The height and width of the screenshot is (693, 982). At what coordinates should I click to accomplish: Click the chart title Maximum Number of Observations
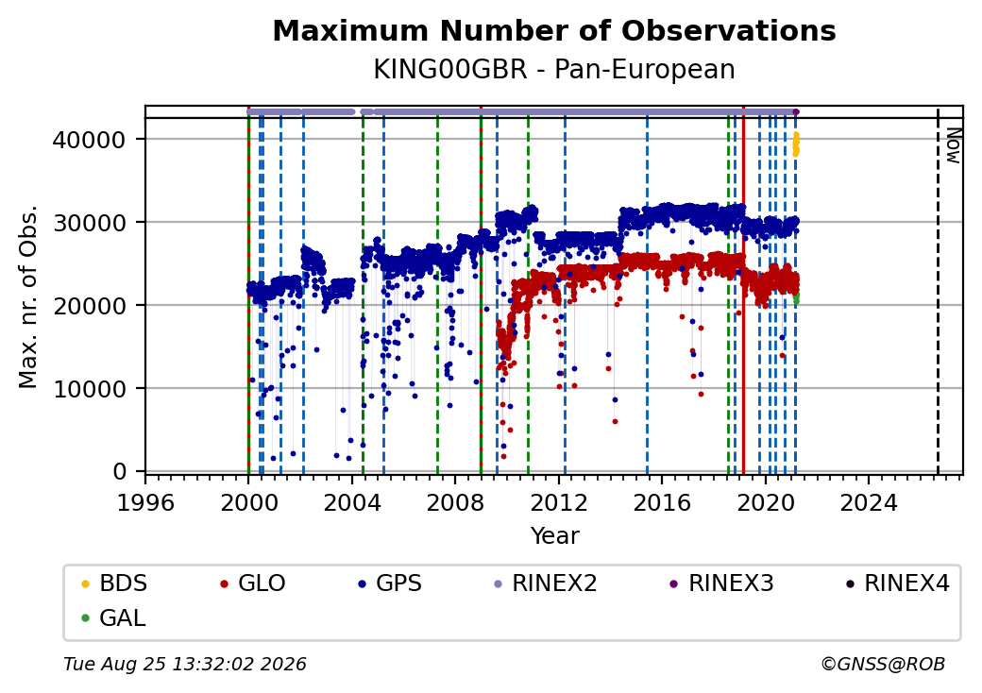[554, 30]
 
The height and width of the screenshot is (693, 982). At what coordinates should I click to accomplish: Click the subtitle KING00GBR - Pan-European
[554, 69]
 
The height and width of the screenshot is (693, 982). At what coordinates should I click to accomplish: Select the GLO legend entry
[253, 583]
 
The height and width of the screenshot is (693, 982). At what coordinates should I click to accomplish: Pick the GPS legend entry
[390, 583]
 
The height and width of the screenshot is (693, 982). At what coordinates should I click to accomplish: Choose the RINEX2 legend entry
[546, 583]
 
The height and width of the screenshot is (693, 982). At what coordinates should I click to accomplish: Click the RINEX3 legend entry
[722, 583]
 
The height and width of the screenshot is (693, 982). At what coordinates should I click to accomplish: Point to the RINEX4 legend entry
[897, 583]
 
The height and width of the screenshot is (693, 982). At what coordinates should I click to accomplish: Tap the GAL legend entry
[113, 617]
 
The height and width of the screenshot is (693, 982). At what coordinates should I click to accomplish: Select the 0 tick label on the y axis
[120, 471]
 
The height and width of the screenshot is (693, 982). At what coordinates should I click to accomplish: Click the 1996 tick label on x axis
[145, 502]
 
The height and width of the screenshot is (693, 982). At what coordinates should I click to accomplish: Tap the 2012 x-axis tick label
[559, 502]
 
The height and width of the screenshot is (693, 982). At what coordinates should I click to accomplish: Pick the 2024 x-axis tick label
[869, 502]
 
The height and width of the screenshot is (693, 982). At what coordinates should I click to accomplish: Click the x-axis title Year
[555, 536]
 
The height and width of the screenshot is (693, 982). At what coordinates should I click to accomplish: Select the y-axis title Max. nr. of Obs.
[28, 296]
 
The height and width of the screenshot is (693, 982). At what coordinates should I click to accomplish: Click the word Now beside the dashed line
[953, 145]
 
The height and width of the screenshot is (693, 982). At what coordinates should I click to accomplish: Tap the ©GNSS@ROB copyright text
[883, 664]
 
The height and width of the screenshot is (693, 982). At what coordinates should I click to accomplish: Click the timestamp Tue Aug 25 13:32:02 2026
[185, 664]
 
